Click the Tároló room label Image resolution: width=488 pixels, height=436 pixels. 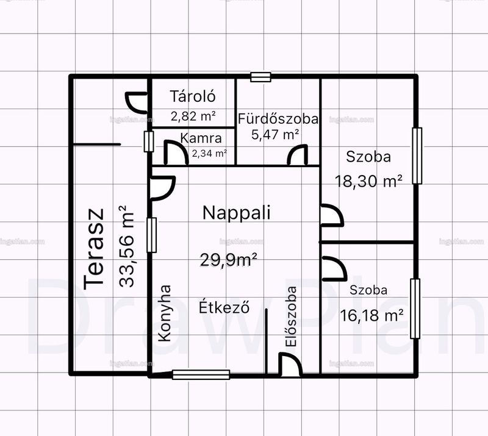[x=193, y=96]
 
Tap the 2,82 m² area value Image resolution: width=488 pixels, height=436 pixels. [x=193, y=116]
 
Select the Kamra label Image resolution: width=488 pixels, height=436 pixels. [x=201, y=138]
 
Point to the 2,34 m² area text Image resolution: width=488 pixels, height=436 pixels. [x=209, y=153]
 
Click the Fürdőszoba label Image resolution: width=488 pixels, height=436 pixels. [x=278, y=118]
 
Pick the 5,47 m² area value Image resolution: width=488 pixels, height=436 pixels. [x=276, y=134]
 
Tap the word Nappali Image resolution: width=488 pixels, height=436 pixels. [x=236, y=213]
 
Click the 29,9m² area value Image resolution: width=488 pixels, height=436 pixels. [x=228, y=260]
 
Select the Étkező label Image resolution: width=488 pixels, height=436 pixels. [x=224, y=307]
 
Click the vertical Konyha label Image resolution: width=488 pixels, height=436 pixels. [x=165, y=313]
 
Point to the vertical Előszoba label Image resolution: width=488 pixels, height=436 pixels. [x=292, y=316]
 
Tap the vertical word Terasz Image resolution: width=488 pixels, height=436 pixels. [x=94, y=249]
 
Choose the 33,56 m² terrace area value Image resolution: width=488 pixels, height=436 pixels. [x=127, y=246]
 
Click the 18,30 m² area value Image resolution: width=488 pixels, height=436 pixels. [x=368, y=181]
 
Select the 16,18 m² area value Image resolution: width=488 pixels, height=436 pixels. [x=371, y=315]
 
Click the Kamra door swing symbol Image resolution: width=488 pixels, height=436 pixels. [x=176, y=152]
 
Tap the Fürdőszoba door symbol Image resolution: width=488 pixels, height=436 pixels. [x=297, y=155]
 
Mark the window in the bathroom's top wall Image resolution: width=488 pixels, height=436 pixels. [x=261, y=77]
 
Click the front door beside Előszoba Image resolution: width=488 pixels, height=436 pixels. [x=290, y=365]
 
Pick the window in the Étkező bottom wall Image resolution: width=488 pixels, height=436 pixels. [x=201, y=374]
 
